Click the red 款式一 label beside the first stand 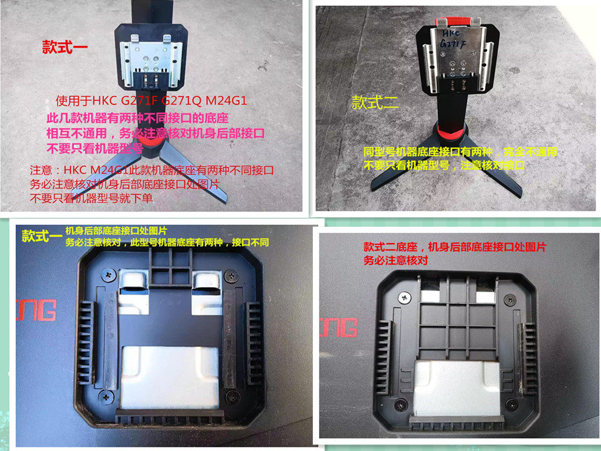[65, 48]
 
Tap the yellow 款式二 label [375, 103]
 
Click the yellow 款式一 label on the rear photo [41, 236]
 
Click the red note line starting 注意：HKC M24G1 [152, 171]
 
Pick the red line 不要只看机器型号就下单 [92, 198]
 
